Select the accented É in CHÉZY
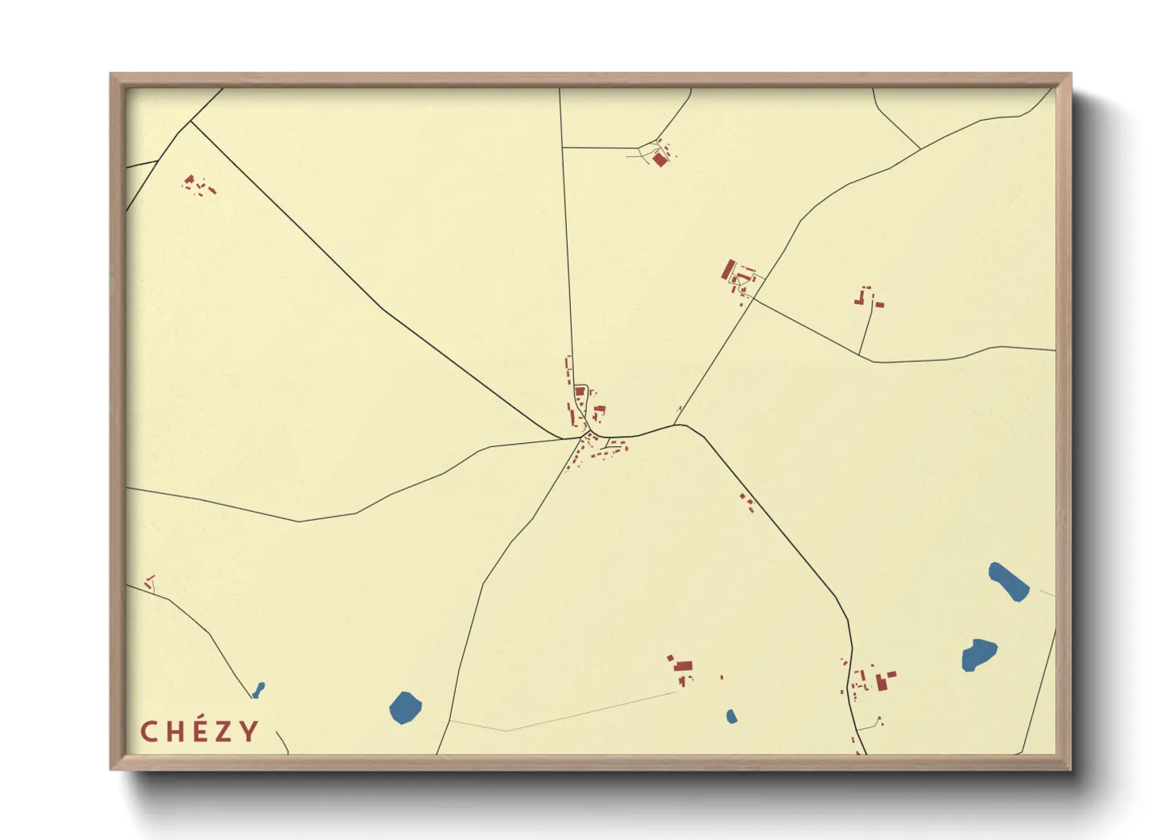(200, 730)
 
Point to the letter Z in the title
(225, 731)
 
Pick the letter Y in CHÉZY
(249, 731)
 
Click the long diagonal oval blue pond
(1008, 582)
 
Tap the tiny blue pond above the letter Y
(258, 689)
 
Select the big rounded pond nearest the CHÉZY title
(405, 707)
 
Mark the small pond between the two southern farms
(731, 716)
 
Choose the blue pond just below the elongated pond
(979, 654)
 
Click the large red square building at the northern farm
(660, 160)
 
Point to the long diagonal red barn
(728, 269)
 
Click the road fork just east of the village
(676, 425)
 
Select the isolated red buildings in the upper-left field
(198, 186)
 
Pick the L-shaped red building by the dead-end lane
(860, 299)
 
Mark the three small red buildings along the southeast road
(747, 502)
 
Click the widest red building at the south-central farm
(684, 666)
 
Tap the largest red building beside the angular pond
(880, 681)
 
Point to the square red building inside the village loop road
(580, 391)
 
